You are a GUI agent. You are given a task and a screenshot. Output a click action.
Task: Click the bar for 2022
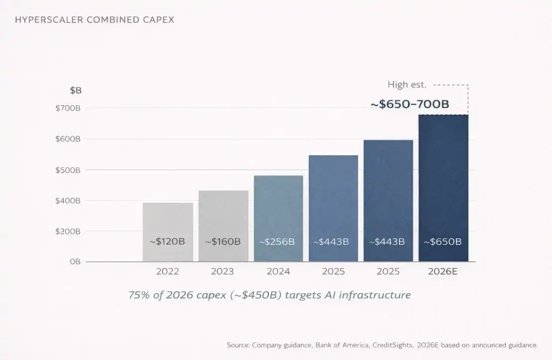coord(167,219)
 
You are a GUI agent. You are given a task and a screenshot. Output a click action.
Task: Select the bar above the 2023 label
coord(223,214)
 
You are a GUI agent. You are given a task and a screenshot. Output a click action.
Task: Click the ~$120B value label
coord(167,242)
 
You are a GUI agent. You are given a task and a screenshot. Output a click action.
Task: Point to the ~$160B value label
coord(223,242)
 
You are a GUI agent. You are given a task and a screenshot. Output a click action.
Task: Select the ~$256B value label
coord(277,242)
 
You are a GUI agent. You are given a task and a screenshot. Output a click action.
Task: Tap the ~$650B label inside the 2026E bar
coord(442,242)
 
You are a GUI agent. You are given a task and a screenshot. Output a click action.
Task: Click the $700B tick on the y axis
coord(68,108)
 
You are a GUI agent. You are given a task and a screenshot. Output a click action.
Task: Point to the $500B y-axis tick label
coord(68,170)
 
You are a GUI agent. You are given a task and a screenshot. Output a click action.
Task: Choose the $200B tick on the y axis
coord(68,231)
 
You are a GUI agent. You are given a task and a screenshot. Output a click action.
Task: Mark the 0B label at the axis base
coord(75,262)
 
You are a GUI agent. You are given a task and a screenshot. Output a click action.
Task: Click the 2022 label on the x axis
coord(167,272)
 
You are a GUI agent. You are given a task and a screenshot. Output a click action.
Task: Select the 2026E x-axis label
coord(443,272)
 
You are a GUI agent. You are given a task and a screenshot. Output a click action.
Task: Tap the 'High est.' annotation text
coord(407,85)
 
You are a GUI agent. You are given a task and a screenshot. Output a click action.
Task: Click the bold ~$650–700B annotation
coord(410,105)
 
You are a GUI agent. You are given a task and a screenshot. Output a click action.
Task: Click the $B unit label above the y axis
coord(75,91)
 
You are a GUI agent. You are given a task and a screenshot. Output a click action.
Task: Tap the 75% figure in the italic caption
coord(138,295)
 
